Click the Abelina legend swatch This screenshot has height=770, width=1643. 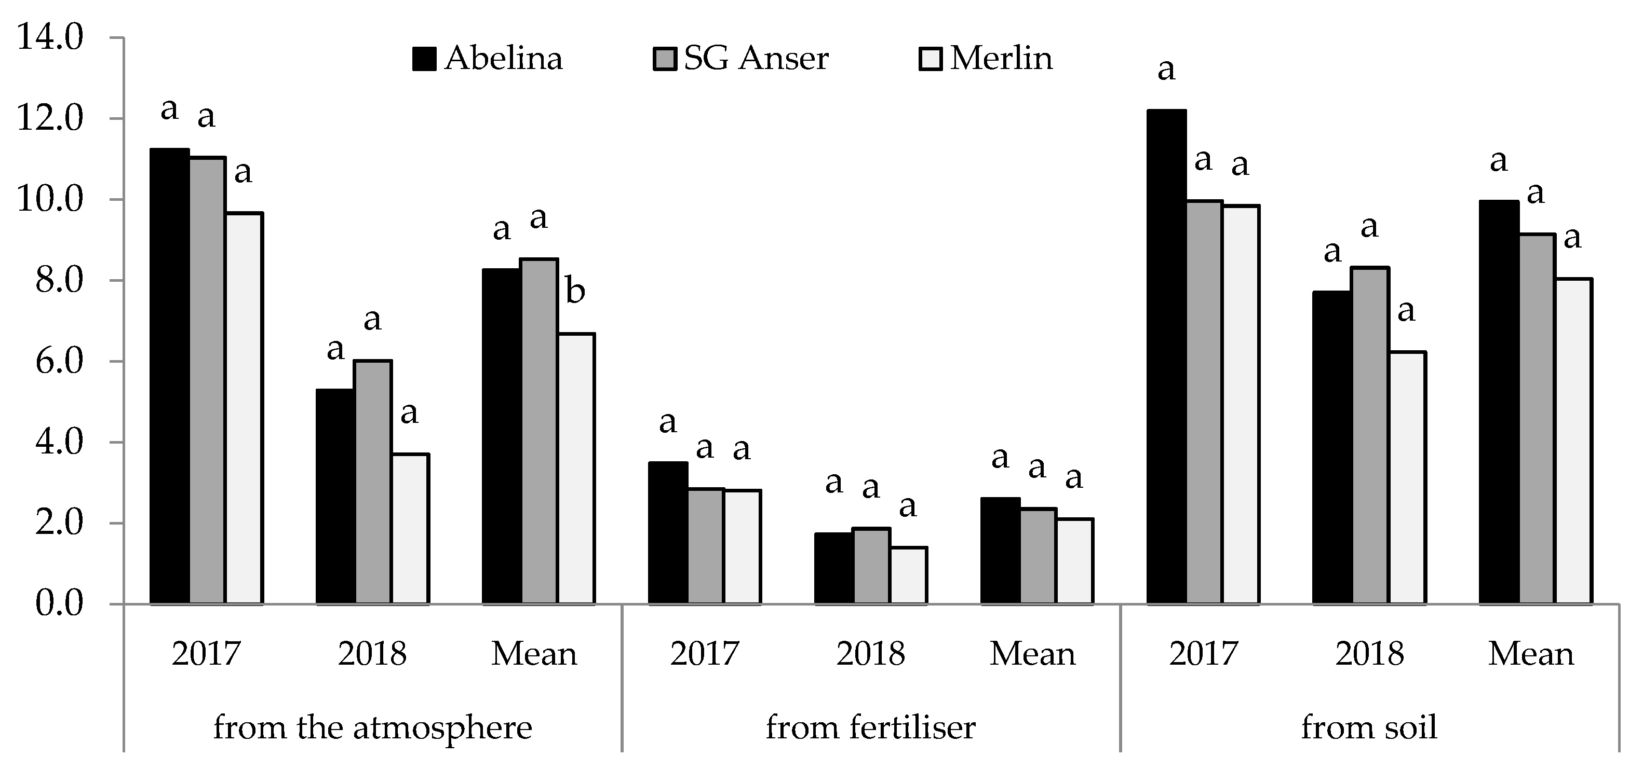coord(424,59)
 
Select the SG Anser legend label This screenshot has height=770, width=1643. coord(756,59)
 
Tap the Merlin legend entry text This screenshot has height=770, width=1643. coord(1001,59)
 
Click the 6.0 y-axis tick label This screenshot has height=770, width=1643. coord(59,362)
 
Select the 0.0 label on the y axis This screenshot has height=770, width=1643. coord(59,603)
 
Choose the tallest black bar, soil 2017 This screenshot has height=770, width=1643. coord(1166,357)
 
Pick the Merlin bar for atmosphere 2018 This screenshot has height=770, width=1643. coord(410,529)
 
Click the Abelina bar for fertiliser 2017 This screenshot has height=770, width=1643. coord(668,533)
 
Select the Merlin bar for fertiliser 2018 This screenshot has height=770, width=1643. coord(908,575)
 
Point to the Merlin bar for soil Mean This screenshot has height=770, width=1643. coord(1573,441)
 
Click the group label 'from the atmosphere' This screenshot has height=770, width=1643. coord(372,728)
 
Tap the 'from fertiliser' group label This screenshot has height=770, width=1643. coord(871,728)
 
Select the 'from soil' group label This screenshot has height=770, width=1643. coord(1369,728)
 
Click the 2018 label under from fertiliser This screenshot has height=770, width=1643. coord(871,654)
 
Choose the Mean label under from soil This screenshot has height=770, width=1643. coord(1531,654)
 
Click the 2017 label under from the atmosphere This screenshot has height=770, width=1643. coord(206,654)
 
